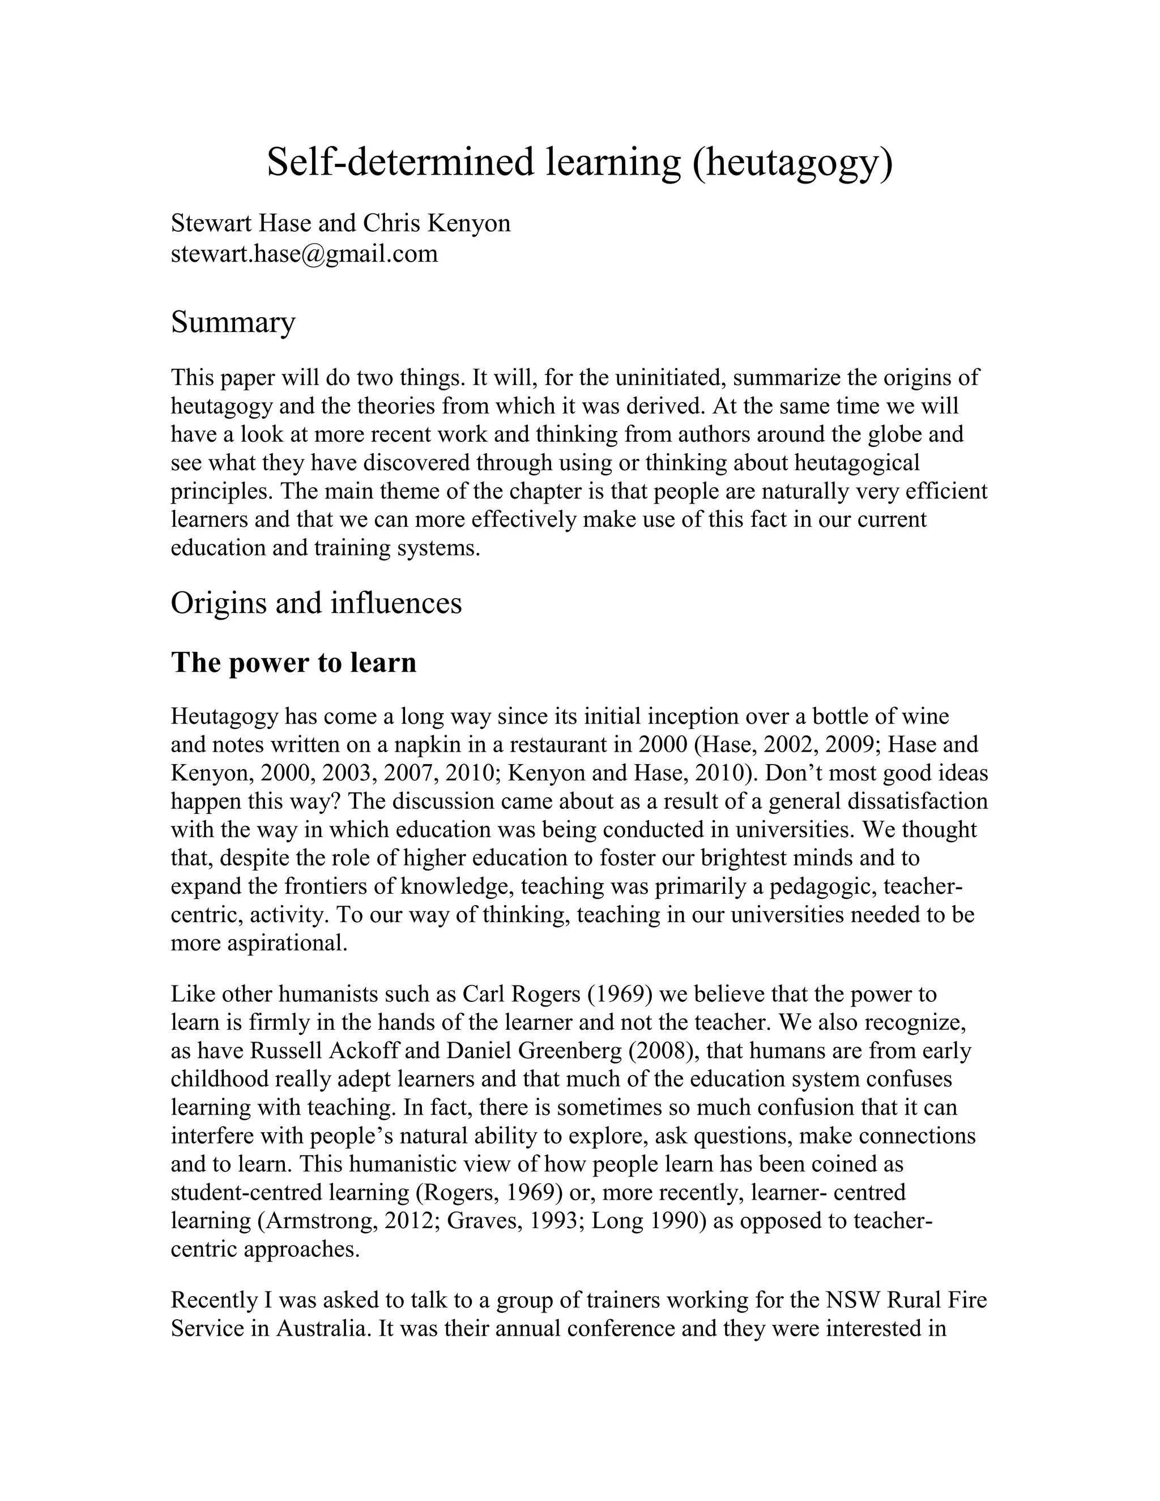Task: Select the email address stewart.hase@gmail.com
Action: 304,254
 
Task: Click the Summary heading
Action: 233,322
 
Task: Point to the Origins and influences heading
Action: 316,603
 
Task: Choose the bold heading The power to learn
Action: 293,663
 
